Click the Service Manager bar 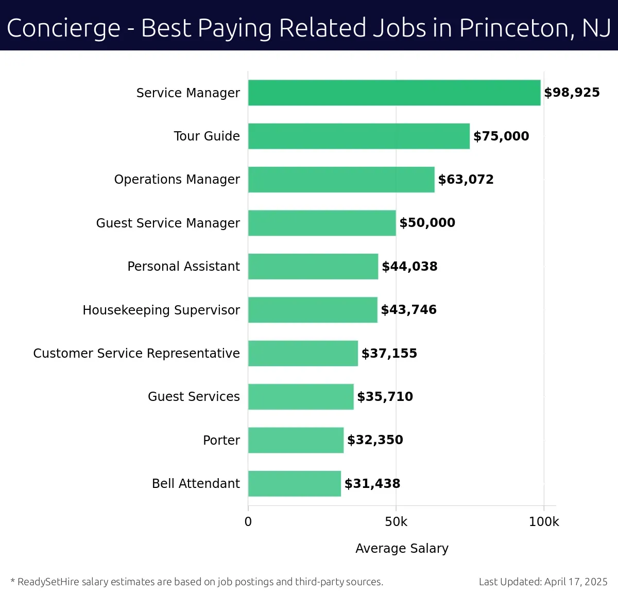[x=394, y=93]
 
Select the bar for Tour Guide [x=359, y=136]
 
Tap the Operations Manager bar [x=341, y=180]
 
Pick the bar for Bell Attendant [x=294, y=484]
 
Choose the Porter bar [x=296, y=440]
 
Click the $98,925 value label [x=572, y=93]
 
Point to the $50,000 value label [x=427, y=223]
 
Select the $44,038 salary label [x=409, y=267]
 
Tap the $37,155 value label [x=389, y=354]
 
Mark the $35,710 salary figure [x=385, y=397]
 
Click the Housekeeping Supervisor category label [x=161, y=310]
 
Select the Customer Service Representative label [x=136, y=354]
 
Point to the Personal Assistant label [x=183, y=267]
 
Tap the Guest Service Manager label [x=168, y=223]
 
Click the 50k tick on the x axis [x=396, y=522]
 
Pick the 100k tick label [x=543, y=522]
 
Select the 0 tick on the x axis [x=248, y=522]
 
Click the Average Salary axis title [x=402, y=549]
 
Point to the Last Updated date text [x=543, y=582]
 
